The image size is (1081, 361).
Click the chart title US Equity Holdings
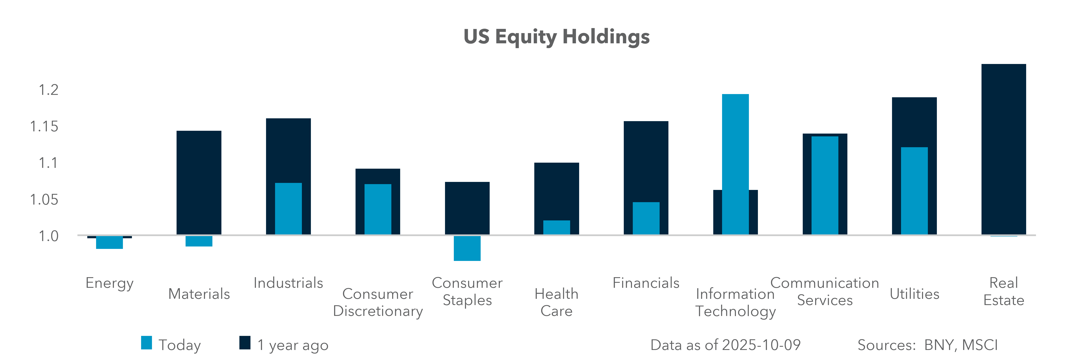click(x=557, y=37)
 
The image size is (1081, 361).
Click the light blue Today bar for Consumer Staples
click(x=467, y=248)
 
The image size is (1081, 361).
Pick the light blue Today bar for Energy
click(x=110, y=242)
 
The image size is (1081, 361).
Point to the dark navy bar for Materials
click(x=199, y=182)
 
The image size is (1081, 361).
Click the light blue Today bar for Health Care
click(x=557, y=227)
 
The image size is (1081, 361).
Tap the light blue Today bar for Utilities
click(x=914, y=191)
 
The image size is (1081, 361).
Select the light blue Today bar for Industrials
click(x=288, y=208)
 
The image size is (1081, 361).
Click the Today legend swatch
click(x=147, y=343)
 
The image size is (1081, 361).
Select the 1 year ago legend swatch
click(x=245, y=343)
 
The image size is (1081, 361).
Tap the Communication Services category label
click(x=825, y=291)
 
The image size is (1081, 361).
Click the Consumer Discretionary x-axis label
click(x=378, y=302)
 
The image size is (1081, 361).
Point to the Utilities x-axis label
click(x=914, y=294)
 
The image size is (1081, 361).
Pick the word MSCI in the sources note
click(x=980, y=345)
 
